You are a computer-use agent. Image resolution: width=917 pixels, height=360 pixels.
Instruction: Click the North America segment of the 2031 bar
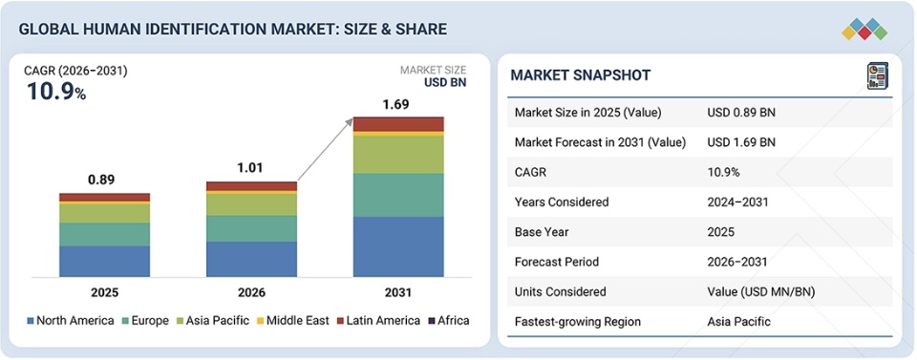pyautogui.click(x=398, y=246)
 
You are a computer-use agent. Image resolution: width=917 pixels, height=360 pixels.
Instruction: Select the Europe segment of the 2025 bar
pyautogui.click(x=105, y=234)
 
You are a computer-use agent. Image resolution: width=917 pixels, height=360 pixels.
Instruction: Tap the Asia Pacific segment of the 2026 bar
pyautogui.click(x=251, y=204)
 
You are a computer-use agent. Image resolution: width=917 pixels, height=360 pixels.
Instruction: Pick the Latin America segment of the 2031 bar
pyautogui.click(x=398, y=124)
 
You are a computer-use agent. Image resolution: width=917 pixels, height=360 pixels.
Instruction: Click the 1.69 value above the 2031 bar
pyautogui.click(x=395, y=105)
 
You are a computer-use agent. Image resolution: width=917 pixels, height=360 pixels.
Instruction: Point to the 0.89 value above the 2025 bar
pyautogui.click(x=102, y=180)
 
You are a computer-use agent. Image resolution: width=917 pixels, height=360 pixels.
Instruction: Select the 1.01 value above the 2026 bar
pyautogui.click(x=249, y=168)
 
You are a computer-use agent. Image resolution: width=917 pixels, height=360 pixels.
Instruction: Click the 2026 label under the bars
pyautogui.click(x=251, y=293)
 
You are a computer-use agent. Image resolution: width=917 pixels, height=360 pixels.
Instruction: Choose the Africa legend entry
pyautogui.click(x=449, y=321)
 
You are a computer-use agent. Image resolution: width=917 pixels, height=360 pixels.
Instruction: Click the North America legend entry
pyautogui.click(x=71, y=321)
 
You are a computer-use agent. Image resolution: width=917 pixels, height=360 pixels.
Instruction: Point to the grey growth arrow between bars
pyautogui.click(x=325, y=149)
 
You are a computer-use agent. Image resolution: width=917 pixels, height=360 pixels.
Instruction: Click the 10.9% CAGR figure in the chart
pyautogui.click(x=56, y=92)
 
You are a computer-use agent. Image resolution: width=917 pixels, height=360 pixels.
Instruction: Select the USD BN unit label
pyautogui.click(x=445, y=82)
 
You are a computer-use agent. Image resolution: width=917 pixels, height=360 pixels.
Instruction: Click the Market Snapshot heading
pyautogui.click(x=581, y=74)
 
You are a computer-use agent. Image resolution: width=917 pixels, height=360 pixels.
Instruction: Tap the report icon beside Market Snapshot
pyautogui.click(x=877, y=76)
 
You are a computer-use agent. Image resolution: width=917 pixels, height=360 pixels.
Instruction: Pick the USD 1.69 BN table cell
pyautogui.click(x=741, y=142)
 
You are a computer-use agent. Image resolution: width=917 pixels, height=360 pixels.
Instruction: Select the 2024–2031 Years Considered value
pyautogui.click(x=737, y=202)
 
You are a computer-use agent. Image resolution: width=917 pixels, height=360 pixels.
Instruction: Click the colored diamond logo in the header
pyautogui.click(x=864, y=29)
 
